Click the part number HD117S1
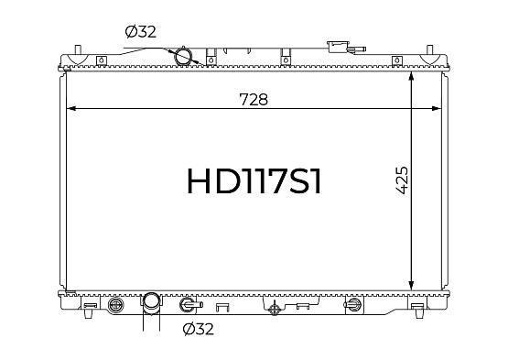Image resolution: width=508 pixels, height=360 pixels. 254,181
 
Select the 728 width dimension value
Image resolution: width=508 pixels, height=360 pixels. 254,100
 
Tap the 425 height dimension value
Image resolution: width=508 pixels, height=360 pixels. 402,180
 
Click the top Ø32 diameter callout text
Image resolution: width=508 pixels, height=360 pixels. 141,32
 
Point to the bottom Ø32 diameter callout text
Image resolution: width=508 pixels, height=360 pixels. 199,329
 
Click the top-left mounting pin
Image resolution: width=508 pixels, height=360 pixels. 78,50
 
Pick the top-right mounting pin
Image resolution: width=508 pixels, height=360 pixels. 429,50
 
